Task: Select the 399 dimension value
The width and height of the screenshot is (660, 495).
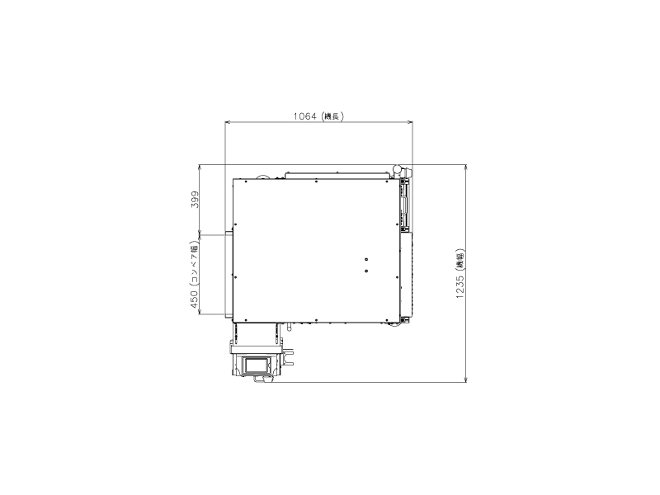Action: tap(196, 200)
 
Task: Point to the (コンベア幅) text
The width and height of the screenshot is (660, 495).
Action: tap(196, 264)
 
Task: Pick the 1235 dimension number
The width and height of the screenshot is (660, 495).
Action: tap(460, 286)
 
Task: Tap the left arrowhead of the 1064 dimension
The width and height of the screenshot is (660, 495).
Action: tap(229, 123)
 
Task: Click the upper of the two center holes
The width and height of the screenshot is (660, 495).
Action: tap(366, 260)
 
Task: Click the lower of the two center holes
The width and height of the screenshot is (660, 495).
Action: tap(366, 270)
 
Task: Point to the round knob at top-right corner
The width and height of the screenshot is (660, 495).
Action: tap(398, 170)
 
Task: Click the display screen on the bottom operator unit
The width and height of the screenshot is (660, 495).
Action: tap(257, 363)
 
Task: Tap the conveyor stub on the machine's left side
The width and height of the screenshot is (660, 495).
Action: tap(225, 276)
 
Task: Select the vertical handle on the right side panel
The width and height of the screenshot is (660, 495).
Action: tap(404, 207)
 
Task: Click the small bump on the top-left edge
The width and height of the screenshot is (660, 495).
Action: tap(262, 176)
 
